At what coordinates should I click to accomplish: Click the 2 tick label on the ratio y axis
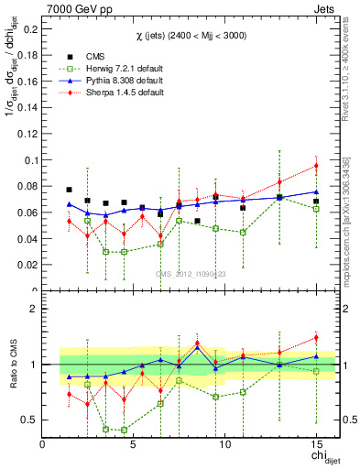35,309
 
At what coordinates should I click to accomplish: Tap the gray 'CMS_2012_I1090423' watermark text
191,274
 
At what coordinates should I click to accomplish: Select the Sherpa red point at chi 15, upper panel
316,166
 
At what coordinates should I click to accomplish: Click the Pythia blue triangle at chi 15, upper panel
316,192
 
